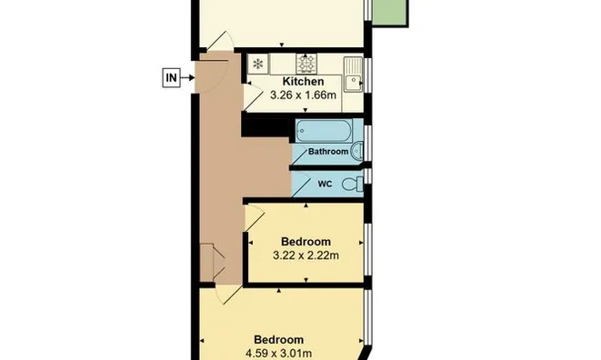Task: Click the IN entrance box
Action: [x=171, y=78]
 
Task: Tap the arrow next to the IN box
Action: [x=187, y=78]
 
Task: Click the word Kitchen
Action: [x=303, y=82]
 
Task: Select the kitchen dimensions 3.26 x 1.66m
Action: [x=303, y=95]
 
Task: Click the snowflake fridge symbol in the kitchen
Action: [x=258, y=64]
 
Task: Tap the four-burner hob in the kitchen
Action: [x=306, y=64]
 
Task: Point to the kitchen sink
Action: [x=353, y=75]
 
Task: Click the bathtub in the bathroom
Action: [x=324, y=131]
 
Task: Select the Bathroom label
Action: [x=328, y=152]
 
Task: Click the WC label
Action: [x=325, y=184]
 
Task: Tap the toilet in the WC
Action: [x=352, y=184]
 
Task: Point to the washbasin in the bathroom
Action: [x=356, y=151]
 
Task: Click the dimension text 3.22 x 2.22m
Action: [x=306, y=255]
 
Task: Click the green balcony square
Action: [x=389, y=12]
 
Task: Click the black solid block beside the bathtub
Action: [x=265, y=127]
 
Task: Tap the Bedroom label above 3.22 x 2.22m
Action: [x=306, y=242]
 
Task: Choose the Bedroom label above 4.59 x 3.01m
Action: [x=278, y=340]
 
